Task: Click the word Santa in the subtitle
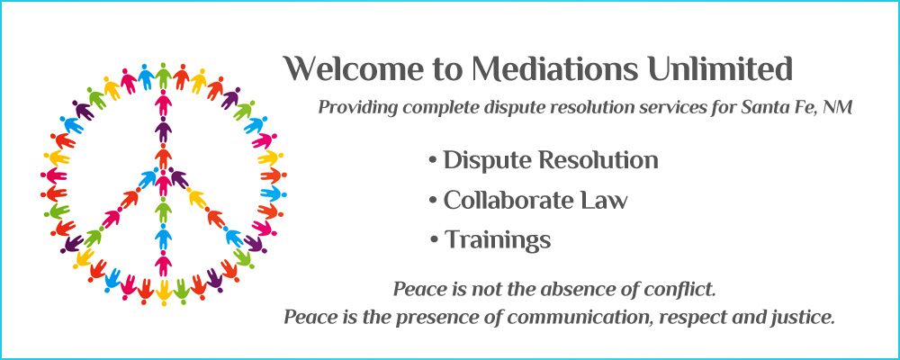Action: click(x=751, y=107)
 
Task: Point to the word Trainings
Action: click(x=498, y=240)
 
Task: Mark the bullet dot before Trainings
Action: click(x=434, y=240)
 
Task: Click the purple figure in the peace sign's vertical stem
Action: click(x=164, y=130)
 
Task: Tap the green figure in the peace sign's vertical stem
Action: click(x=164, y=211)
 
